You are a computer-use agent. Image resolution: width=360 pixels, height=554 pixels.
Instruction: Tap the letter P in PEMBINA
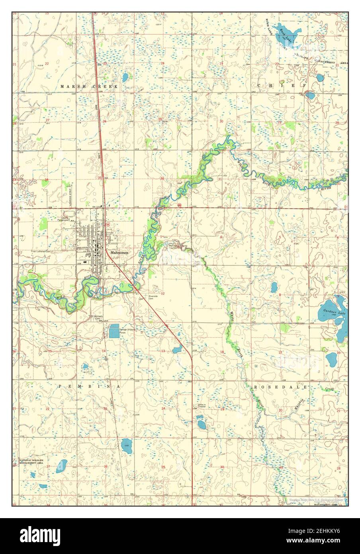click(59, 387)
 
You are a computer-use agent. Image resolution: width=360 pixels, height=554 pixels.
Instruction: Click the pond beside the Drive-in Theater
click(200, 422)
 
